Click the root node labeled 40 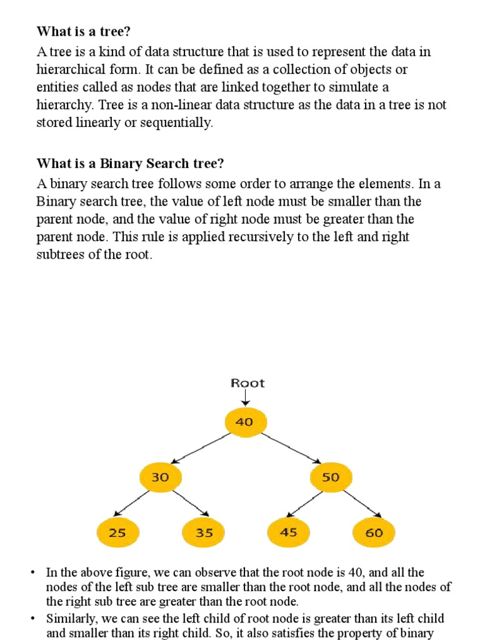(x=245, y=422)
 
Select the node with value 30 (x=161, y=477)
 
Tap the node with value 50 (x=331, y=477)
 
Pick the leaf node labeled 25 (x=117, y=533)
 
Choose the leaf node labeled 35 (x=204, y=533)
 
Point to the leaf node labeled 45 (x=288, y=533)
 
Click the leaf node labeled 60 (x=374, y=533)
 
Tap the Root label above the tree (x=247, y=383)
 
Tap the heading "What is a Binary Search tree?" (x=130, y=164)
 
